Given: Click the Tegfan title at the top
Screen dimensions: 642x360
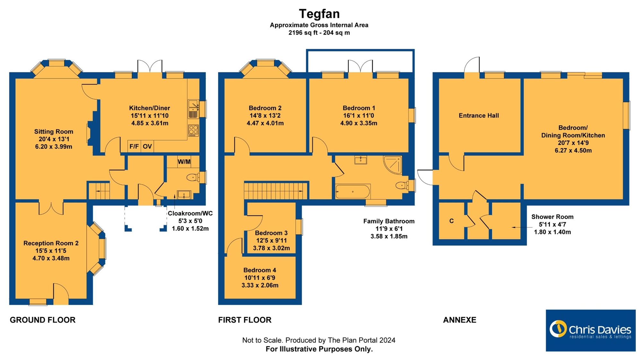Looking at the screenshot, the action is [x=319, y=14].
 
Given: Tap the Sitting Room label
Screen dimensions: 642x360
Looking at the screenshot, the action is [x=54, y=132].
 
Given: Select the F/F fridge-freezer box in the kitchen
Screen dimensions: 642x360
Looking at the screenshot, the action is [x=134, y=146].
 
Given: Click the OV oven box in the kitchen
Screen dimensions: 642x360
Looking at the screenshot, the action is [x=147, y=146].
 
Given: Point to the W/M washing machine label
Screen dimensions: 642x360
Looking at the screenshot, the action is [x=184, y=162].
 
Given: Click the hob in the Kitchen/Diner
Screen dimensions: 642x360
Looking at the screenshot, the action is [x=193, y=130].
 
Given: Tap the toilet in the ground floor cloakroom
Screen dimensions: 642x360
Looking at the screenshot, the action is [x=193, y=177].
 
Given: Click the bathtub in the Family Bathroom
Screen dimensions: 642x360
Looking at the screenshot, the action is [x=353, y=191].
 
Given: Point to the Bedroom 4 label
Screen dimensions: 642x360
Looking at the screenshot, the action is [x=260, y=270].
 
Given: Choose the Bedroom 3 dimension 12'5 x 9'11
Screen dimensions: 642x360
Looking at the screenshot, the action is [x=272, y=241].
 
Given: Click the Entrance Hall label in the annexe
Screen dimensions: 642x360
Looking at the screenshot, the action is [x=479, y=116].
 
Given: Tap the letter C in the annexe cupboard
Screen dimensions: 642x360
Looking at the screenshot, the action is [x=451, y=221].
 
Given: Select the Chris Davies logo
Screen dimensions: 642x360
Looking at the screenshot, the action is [x=591, y=330].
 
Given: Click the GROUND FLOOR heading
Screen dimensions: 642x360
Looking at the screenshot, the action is [x=43, y=320].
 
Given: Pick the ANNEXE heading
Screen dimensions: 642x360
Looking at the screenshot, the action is [x=460, y=320].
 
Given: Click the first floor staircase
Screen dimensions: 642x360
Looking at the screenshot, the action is [x=275, y=191].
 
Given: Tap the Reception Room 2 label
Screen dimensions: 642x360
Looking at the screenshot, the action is [x=51, y=243].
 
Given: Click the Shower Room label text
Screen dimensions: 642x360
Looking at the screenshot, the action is [x=552, y=217].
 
